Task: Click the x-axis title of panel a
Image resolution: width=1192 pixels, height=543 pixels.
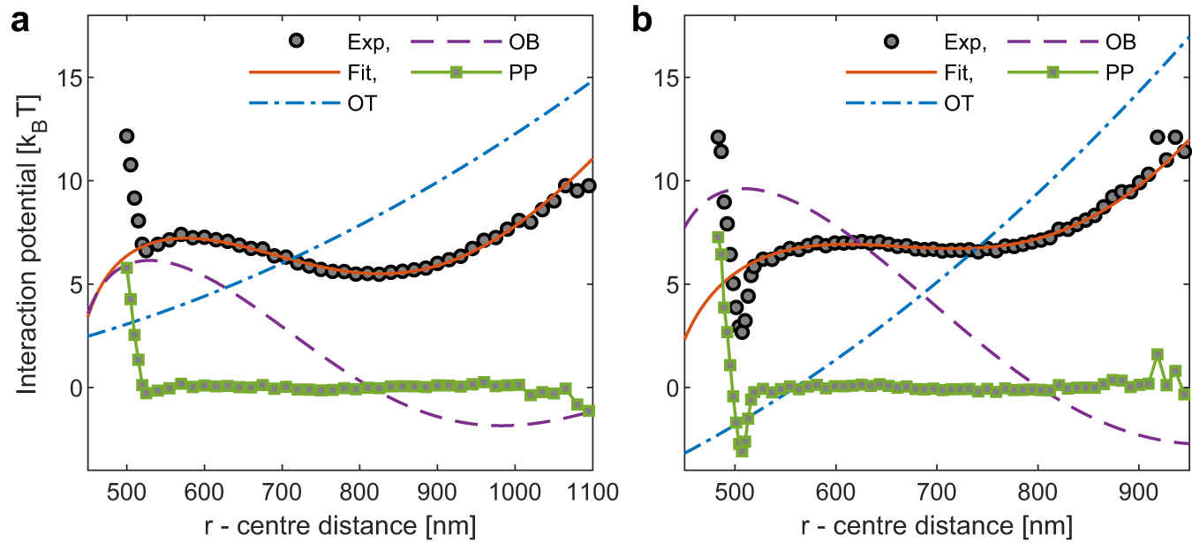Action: (x=340, y=525)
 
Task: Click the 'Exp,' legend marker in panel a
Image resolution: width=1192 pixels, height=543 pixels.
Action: (x=299, y=41)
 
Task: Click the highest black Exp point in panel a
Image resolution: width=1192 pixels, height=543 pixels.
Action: (x=127, y=136)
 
